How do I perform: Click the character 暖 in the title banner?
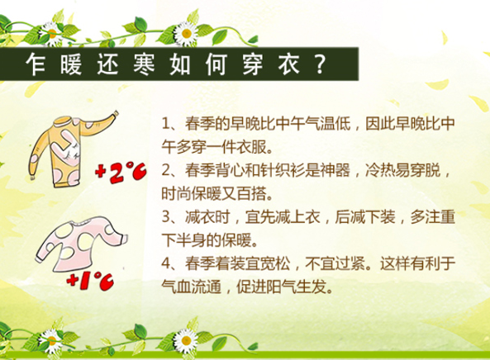point(72,64)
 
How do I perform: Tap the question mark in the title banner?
point(320,64)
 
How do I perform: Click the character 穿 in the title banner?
point(253,64)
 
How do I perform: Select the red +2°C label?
point(121,173)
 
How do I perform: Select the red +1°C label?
point(90,282)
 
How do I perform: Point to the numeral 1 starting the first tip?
point(166,124)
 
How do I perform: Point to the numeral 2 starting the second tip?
point(166,170)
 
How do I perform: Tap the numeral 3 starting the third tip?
point(166,217)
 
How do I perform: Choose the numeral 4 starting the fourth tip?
point(166,263)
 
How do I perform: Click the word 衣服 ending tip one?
point(253,147)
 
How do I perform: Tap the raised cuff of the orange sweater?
point(115,114)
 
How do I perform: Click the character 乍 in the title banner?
point(36,64)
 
